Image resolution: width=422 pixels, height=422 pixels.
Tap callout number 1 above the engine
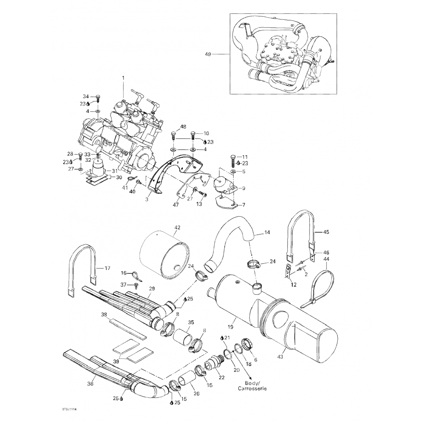pos(123,77)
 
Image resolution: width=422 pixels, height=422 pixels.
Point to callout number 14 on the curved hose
pos(267,232)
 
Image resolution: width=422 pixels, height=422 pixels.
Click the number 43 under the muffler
pos(280,357)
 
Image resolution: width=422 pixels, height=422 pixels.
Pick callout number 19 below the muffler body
pos(230,327)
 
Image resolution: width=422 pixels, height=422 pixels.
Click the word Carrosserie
pos(252,389)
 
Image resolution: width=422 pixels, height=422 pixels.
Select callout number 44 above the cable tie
pos(326,259)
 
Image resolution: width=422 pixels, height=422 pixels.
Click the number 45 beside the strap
pos(326,232)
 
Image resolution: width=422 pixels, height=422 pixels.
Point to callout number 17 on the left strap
pos(107,268)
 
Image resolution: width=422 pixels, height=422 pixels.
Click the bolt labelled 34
pos(98,98)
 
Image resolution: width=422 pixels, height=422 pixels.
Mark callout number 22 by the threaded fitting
pos(222,378)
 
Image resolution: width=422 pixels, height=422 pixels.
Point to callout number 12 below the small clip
pos(294,285)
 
